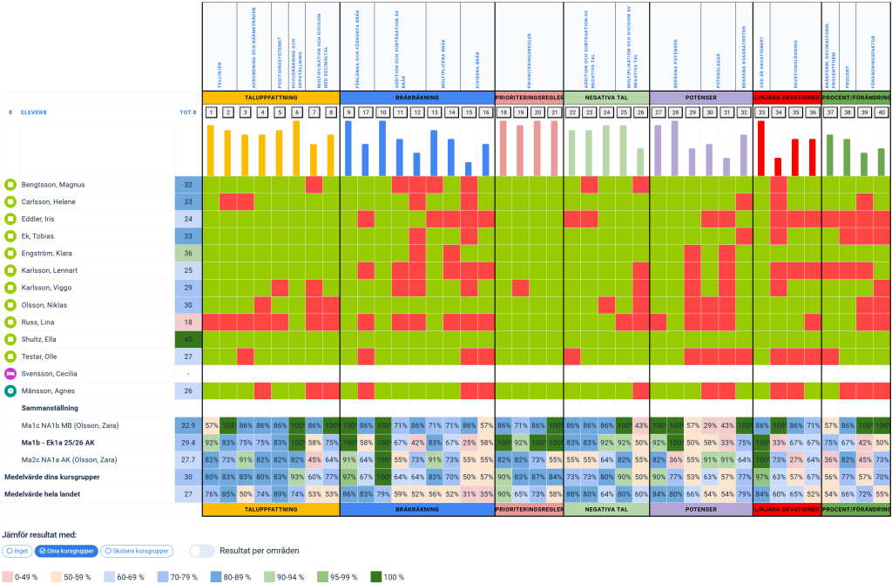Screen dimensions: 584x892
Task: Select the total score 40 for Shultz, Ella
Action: (x=188, y=339)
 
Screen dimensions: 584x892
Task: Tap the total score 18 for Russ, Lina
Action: (x=188, y=323)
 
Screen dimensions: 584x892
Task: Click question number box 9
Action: (x=348, y=112)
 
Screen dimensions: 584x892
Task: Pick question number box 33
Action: (x=761, y=112)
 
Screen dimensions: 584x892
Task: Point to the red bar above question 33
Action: (x=761, y=148)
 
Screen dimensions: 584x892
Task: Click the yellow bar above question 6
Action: (x=296, y=148)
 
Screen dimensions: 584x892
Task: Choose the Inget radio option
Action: (x=18, y=551)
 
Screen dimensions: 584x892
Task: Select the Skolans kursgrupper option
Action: (x=137, y=551)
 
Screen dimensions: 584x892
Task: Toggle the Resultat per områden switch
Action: (x=202, y=551)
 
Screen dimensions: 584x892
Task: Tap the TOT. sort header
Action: (x=186, y=112)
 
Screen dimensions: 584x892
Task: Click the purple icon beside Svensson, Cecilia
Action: (x=10, y=374)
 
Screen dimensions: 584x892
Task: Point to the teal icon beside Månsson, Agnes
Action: (x=10, y=391)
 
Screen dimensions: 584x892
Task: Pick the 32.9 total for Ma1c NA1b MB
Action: (x=188, y=425)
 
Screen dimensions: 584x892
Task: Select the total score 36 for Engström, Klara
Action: (x=188, y=254)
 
